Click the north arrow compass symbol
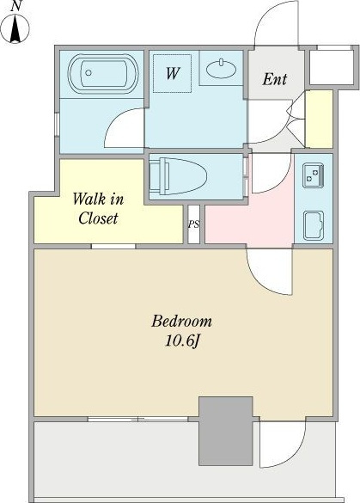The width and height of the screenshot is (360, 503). point(15,28)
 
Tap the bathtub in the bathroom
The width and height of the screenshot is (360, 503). point(103,74)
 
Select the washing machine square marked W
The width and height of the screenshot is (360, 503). point(172,73)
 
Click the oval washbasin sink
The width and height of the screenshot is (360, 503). point(221,69)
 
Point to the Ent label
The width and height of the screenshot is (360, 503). point(274,79)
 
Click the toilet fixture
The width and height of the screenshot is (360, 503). point(178,175)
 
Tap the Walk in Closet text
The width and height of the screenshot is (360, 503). point(98,209)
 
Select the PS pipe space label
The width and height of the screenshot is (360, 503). point(193,224)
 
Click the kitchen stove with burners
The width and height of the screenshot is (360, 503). point(314,175)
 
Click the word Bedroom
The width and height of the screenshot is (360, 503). point(181,321)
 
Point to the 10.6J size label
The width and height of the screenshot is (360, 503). point(182,341)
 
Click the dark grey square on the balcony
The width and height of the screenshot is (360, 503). point(226,431)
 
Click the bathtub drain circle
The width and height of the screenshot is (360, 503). point(88,73)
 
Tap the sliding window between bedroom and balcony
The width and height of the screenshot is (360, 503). point(137,419)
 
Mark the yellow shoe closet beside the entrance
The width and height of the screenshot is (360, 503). point(319,119)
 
